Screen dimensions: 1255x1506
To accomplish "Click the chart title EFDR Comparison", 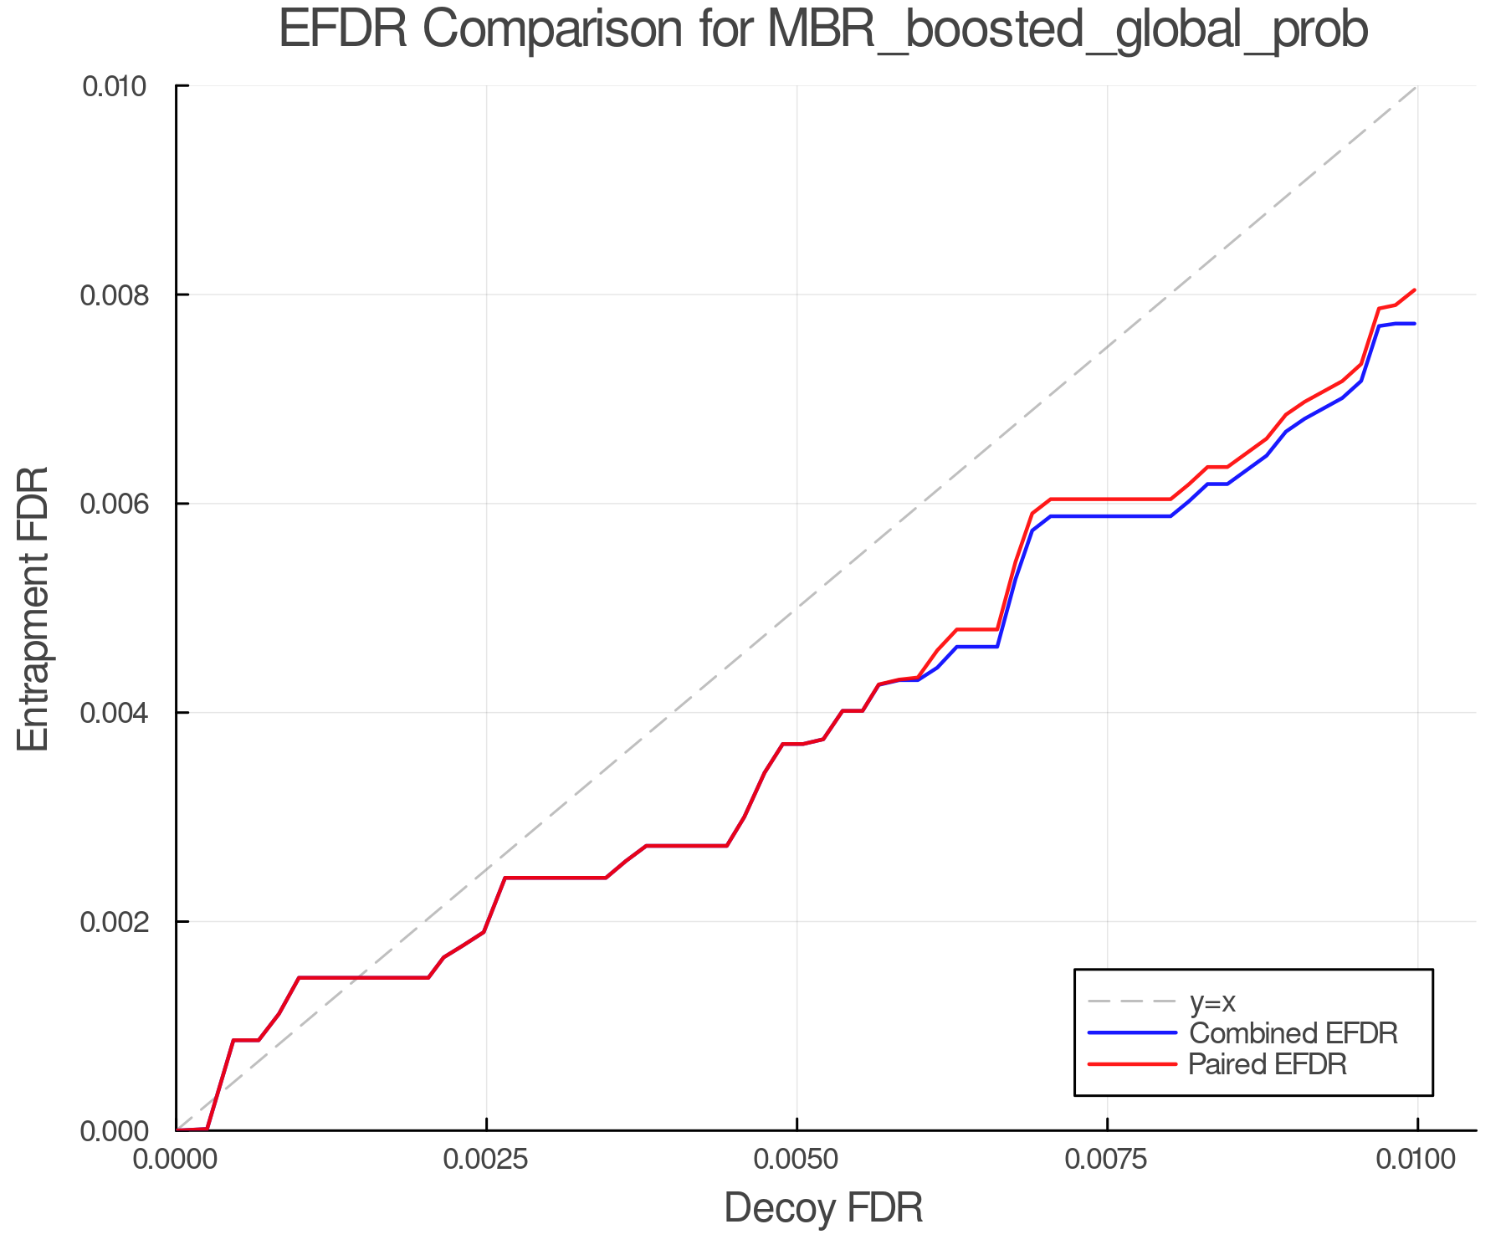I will point(823,30).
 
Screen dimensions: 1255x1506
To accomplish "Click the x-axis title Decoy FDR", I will point(823,1208).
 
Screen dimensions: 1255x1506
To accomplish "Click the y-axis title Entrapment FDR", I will point(33,609).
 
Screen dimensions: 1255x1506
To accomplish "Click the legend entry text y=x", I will point(1212,1001).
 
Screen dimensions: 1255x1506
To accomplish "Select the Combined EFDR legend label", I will point(1293,1033).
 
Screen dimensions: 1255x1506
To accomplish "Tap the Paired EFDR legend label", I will point(1268,1064).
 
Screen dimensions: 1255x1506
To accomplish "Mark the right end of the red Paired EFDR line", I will point(1415,290).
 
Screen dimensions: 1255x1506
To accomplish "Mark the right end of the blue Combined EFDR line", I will point(1415,324).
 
